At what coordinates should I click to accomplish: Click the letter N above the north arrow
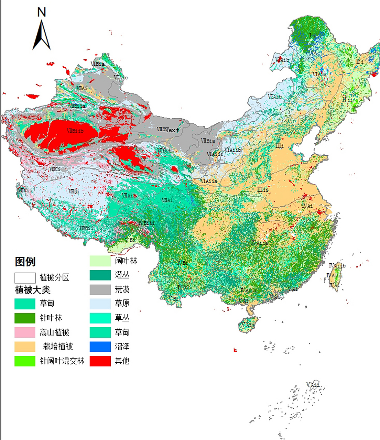point(41,12)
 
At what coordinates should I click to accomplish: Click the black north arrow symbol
point(42,36)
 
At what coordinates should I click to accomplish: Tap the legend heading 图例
point(25,262)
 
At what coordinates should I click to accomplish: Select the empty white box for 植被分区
point(25,278)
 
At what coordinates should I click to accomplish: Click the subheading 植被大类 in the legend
point(33,290)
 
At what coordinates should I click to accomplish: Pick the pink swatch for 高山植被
point(25,332)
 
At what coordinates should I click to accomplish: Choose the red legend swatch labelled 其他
point(100,361)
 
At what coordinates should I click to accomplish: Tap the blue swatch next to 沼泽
point(100,346)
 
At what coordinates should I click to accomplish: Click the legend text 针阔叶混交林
point(62,361)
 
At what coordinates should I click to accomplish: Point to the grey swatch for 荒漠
point(100,289)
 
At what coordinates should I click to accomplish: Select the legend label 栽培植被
point(58,346)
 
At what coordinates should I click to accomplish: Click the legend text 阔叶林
point(126,261)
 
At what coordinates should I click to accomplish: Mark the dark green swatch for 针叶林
point(25,318)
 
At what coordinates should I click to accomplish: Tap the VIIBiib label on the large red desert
point(75,131)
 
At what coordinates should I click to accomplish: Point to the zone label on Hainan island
point(248,324)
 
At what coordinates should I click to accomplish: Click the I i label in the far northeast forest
point(312,35)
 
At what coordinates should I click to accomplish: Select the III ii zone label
point(262,190)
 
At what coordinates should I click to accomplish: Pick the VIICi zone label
point(55,169)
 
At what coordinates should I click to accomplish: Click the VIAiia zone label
point(209,181)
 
